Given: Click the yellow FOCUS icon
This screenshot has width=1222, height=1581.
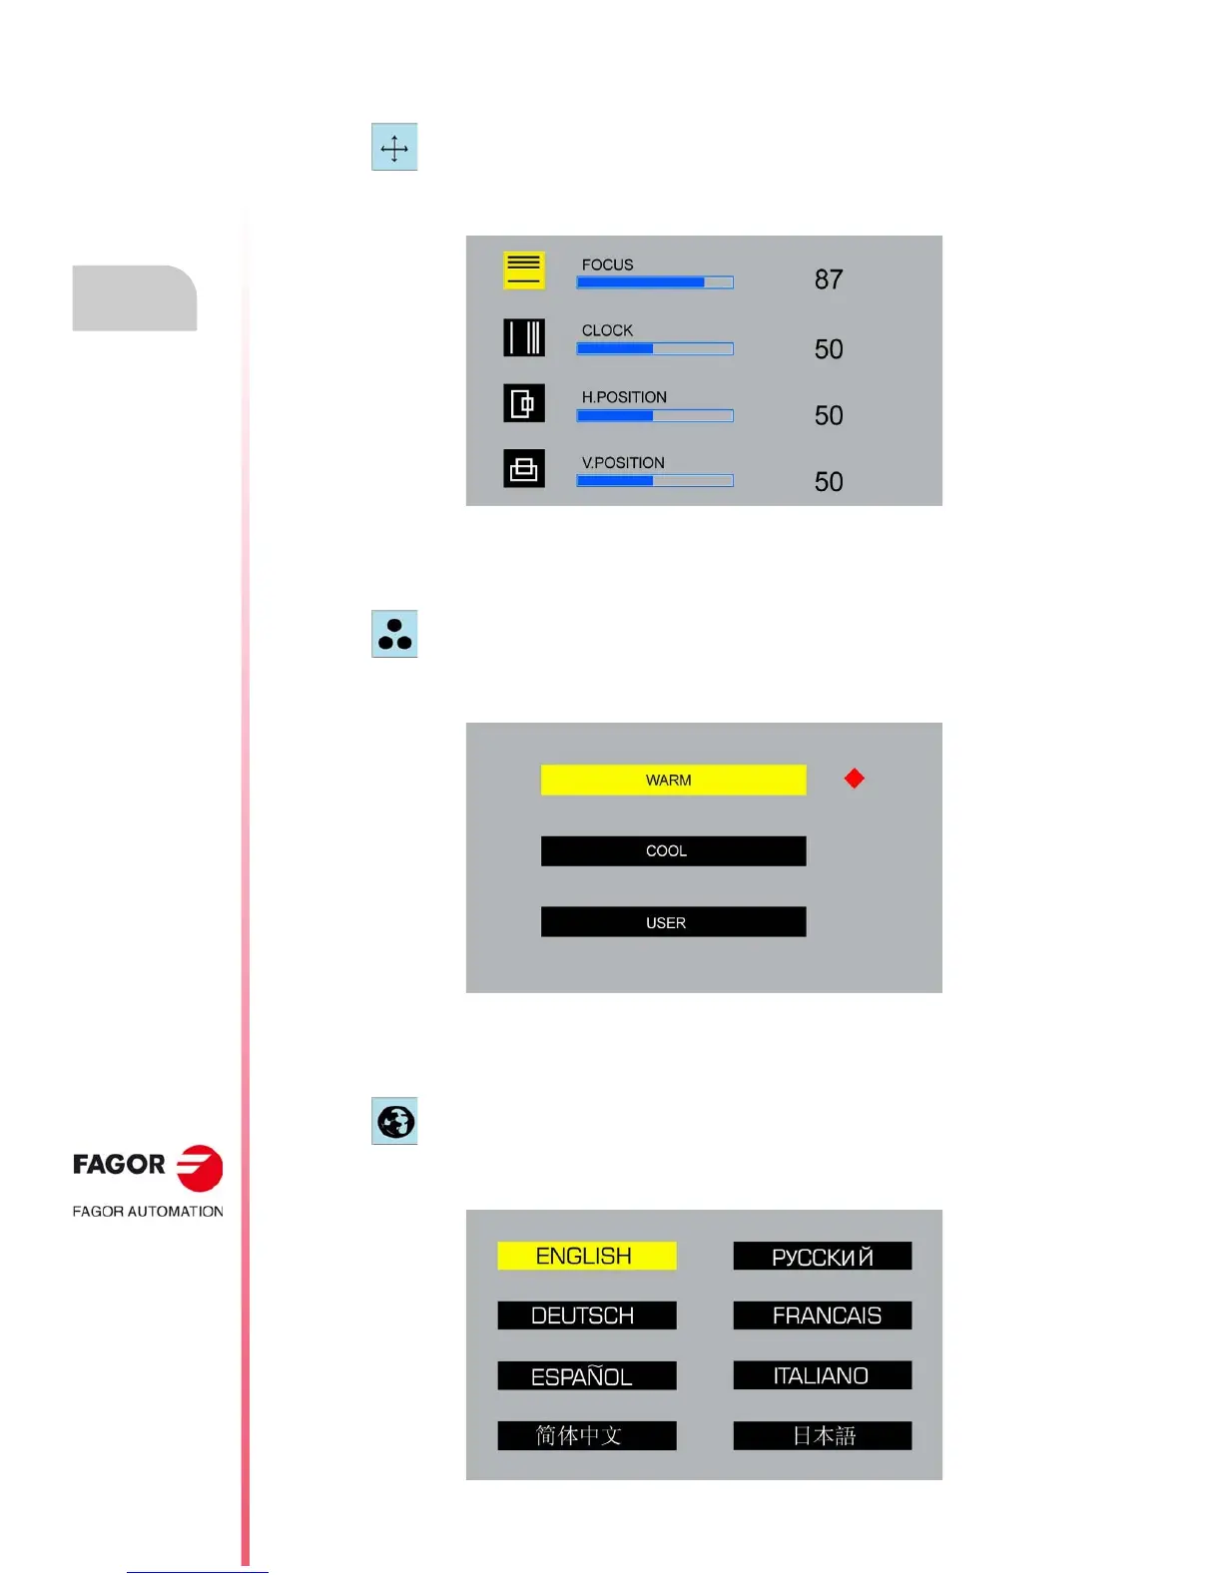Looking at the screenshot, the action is coord(524,269).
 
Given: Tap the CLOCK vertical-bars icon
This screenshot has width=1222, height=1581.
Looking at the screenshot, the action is coord(524,337).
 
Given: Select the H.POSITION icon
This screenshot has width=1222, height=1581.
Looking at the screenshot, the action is coord(524,403).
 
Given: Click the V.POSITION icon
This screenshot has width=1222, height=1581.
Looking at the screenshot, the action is coord(524,468).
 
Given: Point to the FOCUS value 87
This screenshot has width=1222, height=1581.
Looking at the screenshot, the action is coord(829,279).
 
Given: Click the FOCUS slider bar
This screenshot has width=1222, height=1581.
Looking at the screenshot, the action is coord(655,282).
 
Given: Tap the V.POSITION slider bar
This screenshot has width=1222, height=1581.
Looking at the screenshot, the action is coord(655,481).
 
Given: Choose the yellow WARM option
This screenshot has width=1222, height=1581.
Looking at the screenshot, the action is coord(673,780).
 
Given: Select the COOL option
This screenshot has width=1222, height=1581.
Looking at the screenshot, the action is coord(673,851).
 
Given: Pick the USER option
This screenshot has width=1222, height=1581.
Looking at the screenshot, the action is coord(673,922).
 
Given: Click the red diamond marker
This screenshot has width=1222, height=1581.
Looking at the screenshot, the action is coord(855,779).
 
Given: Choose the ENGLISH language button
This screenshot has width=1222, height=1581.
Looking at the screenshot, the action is coord(587,1256).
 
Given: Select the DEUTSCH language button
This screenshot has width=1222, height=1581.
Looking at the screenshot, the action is coord(587,1316).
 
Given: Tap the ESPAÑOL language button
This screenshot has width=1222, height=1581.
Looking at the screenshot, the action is coord(587,1376).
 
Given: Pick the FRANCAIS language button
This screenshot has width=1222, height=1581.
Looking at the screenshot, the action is coord(823,1316).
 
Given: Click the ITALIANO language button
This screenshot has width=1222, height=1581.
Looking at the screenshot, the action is coord(823,1375).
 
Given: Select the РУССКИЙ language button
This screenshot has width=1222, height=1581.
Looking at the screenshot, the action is coord(823,1257).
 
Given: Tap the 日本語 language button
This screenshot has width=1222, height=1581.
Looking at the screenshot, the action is coord(823,1436).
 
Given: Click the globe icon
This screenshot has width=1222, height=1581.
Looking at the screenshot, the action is coord(395,1122).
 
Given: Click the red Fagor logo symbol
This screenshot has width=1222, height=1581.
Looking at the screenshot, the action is coord(200,1168).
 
